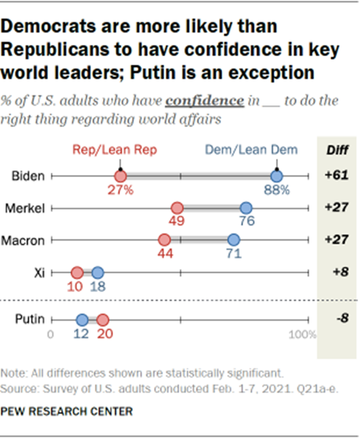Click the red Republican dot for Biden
120,176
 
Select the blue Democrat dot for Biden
277,176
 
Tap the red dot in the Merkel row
177,208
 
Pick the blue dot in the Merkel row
246,208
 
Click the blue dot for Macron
233,240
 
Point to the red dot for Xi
77,272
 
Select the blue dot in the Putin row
82,319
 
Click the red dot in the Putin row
103,319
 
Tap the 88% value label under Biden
278,189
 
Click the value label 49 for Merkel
177,221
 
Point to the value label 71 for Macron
233,253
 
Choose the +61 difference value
336,176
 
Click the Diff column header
337,150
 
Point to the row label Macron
26,240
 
